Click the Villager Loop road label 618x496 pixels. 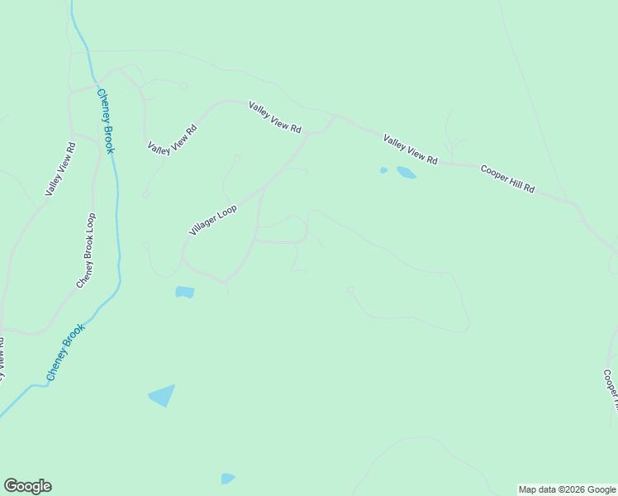(213, 221)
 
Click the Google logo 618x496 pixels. (27, 486)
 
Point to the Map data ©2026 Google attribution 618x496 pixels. (568, 489)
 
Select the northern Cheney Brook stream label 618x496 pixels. (106, 121)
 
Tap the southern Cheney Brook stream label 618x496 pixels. (65, 352)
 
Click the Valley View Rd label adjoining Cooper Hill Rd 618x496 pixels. (410, 149)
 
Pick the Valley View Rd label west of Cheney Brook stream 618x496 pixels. (60, 169)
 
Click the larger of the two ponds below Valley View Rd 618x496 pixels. (406, 173)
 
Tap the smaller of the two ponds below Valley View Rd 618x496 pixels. (383, 170)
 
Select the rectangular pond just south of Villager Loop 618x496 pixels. (185, 292)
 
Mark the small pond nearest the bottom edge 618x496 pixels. (228, 478)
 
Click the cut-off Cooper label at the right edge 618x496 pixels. (611, 389)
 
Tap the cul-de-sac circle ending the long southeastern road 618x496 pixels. (350, 289)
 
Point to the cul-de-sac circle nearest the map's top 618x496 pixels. (183, 85)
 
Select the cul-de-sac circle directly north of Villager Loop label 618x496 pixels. (236, 157)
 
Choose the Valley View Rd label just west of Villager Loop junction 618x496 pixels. (276, 117)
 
